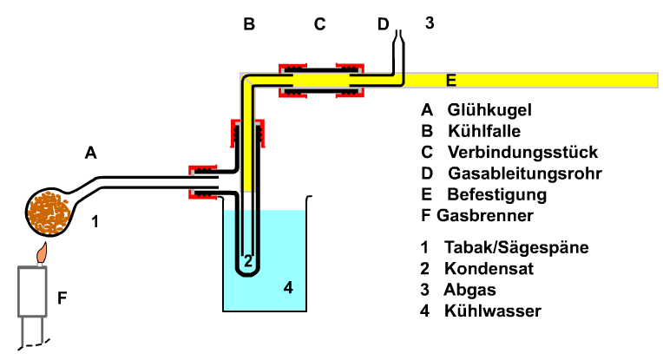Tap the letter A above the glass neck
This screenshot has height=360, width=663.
90,154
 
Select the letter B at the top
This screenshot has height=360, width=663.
249,24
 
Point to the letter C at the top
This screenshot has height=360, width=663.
319,24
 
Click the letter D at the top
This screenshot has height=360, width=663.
384,24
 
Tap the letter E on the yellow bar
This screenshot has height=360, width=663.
450,81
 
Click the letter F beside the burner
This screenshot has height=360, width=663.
62,299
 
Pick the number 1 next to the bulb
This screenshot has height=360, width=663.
95,221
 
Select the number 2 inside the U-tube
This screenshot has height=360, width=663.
247,259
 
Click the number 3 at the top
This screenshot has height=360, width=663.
429,23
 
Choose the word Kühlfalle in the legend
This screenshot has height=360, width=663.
483,131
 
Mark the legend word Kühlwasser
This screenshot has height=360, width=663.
492,310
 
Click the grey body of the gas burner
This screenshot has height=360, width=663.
34,291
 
